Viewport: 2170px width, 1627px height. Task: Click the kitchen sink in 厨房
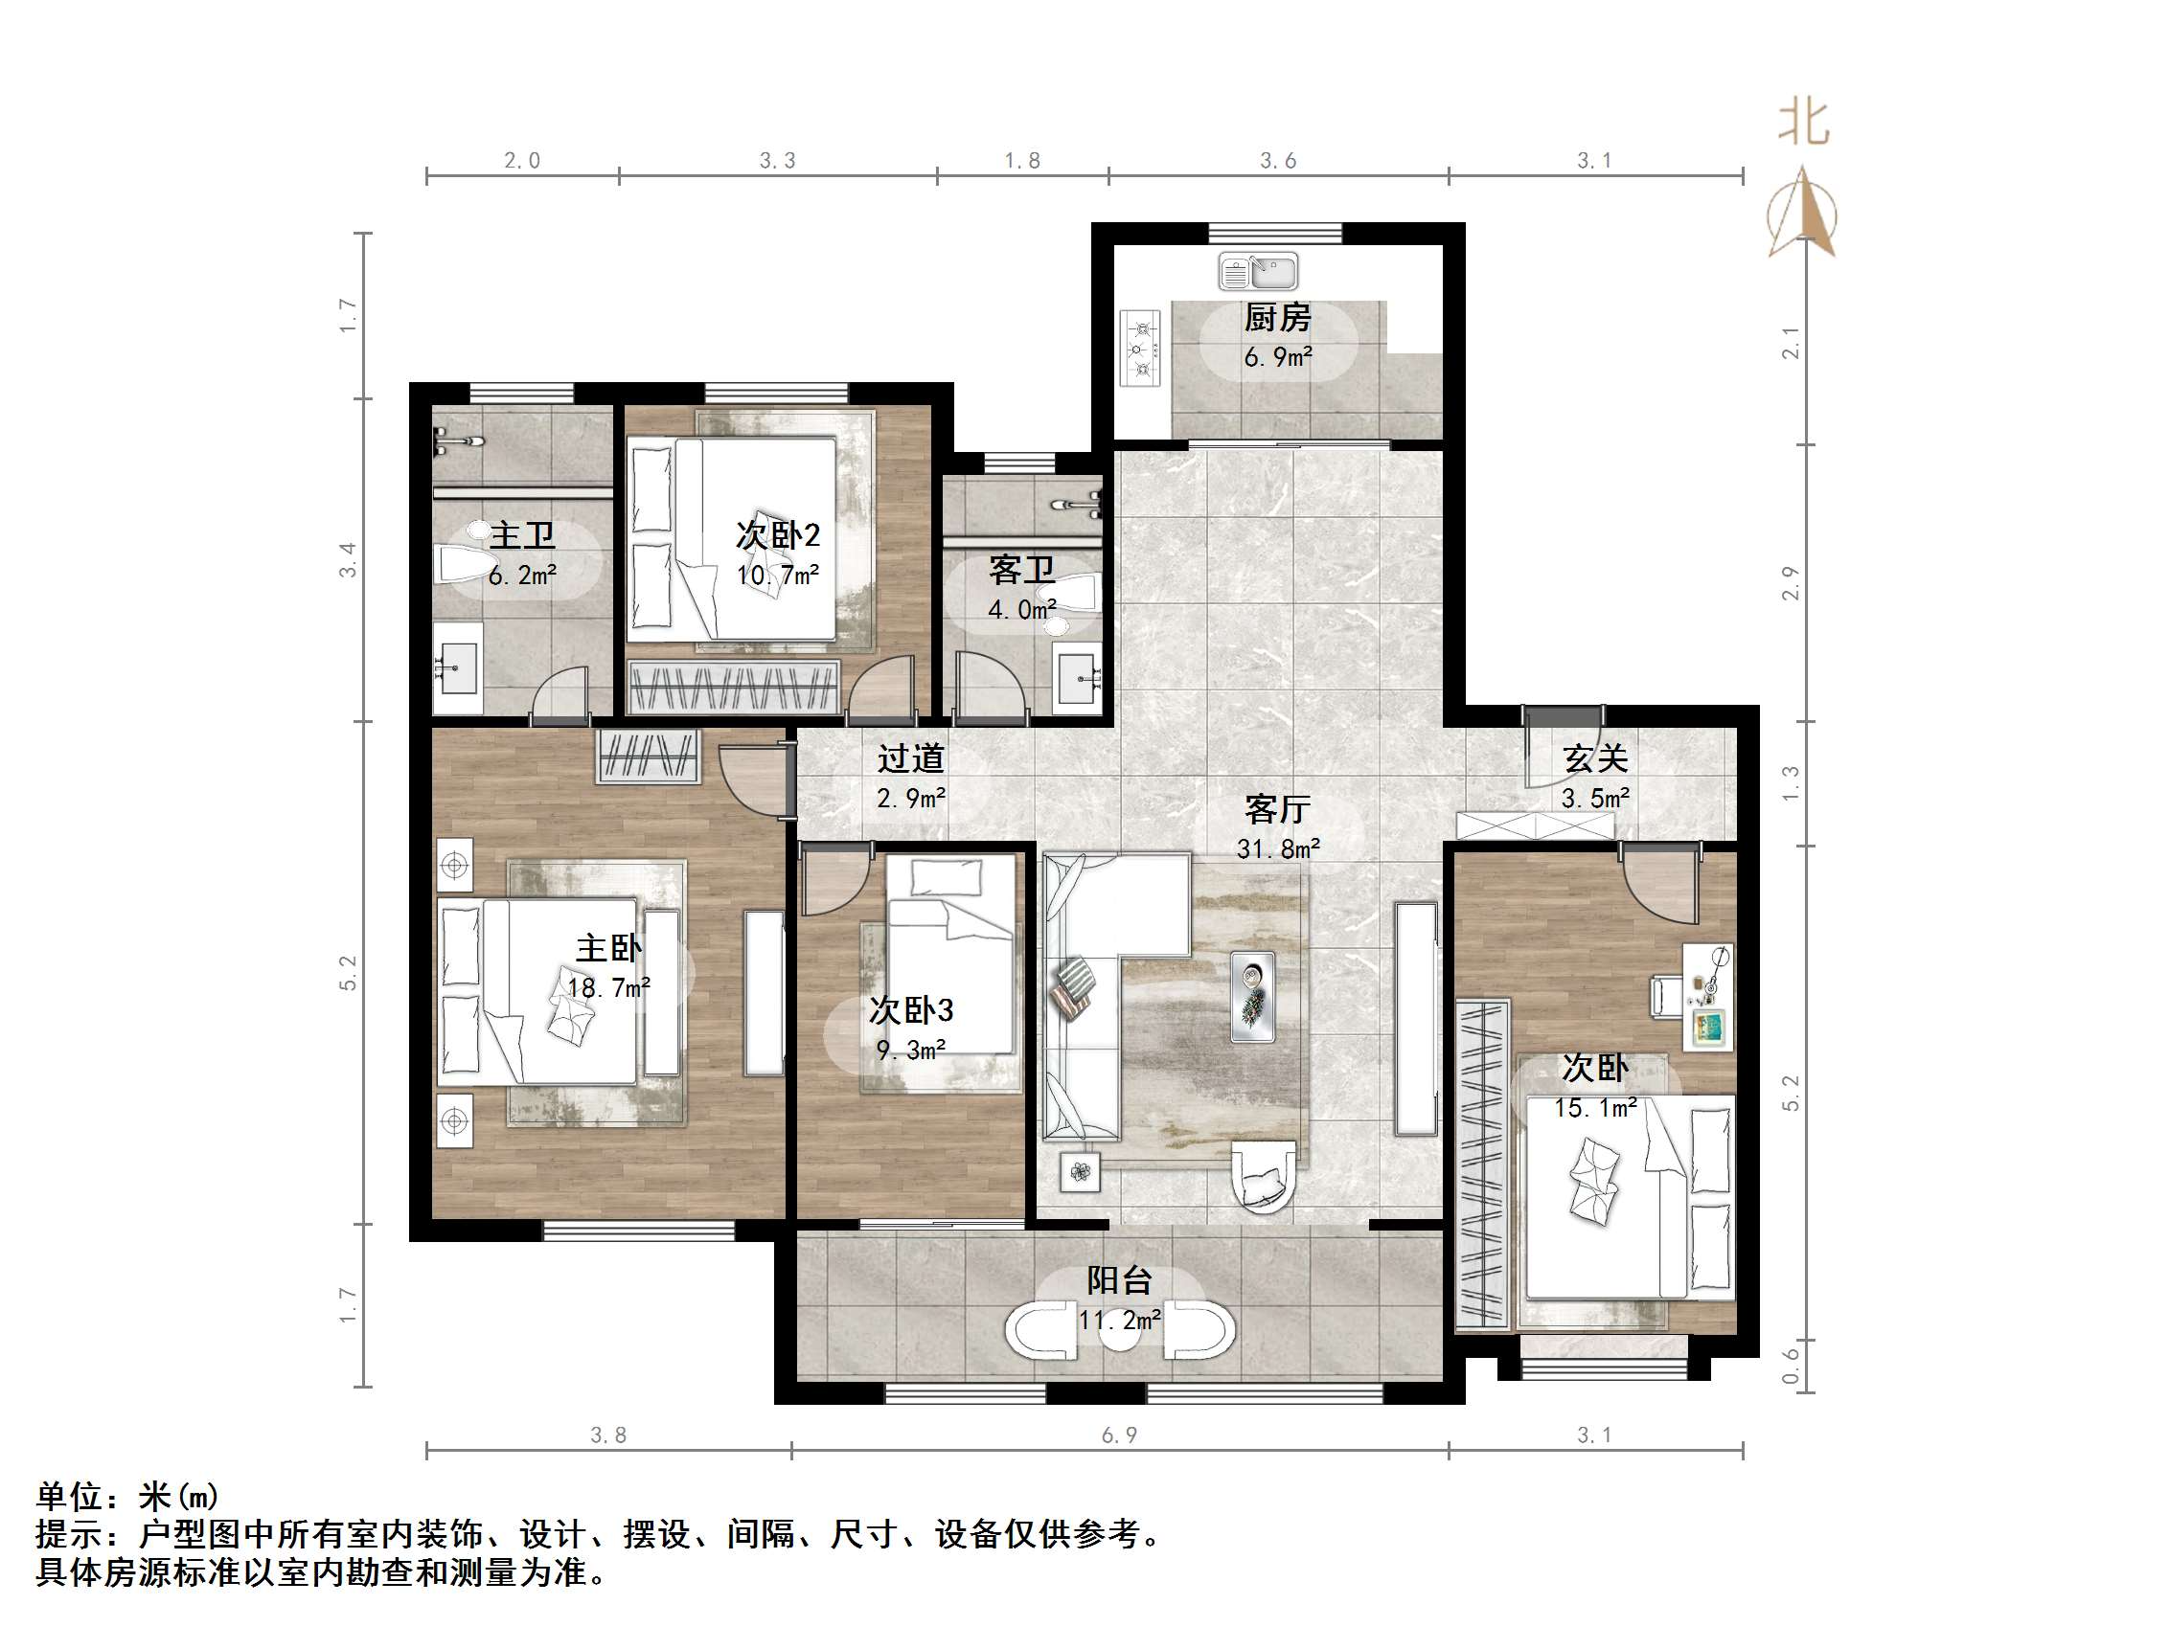coord(1258,271)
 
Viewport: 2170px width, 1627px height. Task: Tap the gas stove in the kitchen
coord(1141,348)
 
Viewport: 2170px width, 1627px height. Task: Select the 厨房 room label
coord(1277,318)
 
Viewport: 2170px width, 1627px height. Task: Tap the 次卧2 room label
coord(778,535)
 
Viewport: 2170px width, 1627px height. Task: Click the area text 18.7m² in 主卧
coord(608,987)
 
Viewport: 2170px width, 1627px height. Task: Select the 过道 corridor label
coord(911,758)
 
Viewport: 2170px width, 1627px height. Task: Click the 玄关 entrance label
coord(1596,758)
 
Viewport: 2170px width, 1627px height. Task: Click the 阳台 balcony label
coord(1118,1279)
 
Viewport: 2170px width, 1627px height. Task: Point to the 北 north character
coord(1803,124)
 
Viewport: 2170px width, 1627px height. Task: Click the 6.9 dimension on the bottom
coord(1119,1435)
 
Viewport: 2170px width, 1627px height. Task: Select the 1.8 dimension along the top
coord(1022,161)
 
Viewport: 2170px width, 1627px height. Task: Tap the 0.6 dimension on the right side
coord(1792,1367)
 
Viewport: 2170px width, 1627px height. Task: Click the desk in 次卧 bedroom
coord(1708,996)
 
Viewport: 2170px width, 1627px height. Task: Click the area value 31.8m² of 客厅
coord(1278,848)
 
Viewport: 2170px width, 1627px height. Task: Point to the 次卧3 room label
coord(911,1010)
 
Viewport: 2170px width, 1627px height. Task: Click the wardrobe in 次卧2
coord(734,688)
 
